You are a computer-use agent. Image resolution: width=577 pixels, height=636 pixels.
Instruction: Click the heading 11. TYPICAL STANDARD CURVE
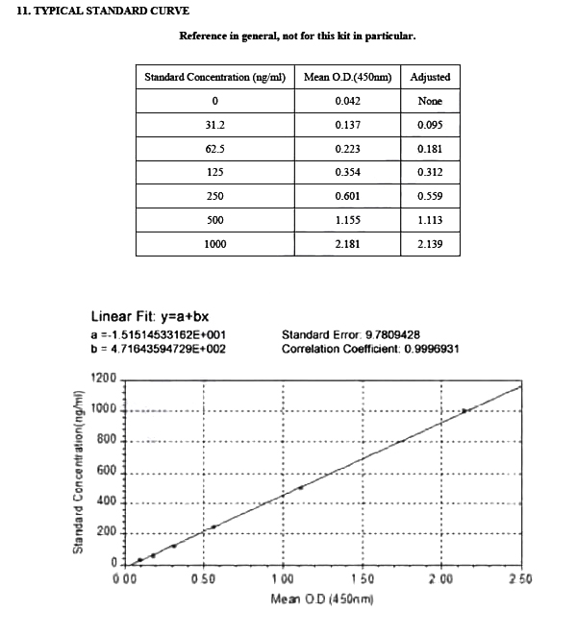coord(104,12)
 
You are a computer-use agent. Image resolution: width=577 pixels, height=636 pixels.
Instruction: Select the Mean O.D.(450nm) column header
coord(354,77)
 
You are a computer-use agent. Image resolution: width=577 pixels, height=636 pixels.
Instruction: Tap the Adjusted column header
coord(430,77)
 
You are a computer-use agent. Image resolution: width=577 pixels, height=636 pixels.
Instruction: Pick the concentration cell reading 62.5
coord(214,150)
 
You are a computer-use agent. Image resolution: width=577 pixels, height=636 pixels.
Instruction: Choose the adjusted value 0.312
coord(430,173)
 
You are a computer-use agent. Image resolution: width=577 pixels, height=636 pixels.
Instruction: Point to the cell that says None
coord(430,101)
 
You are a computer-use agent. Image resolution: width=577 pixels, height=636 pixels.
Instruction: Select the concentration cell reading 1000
coord(214,244)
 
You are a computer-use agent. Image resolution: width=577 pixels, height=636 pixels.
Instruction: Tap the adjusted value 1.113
coord(430,220)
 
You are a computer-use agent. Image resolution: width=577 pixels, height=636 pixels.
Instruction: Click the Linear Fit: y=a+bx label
coord(149,317)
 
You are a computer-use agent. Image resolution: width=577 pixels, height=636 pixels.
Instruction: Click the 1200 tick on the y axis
coord(103,379)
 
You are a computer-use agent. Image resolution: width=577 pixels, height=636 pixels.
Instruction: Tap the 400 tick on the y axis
coord(106,501)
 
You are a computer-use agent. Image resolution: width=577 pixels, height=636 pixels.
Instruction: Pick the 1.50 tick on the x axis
coord(363,578)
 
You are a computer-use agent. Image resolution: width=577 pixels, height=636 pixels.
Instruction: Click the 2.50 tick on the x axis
coord(520,578)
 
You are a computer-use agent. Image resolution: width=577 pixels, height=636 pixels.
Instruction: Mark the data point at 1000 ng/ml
coord(464,410)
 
